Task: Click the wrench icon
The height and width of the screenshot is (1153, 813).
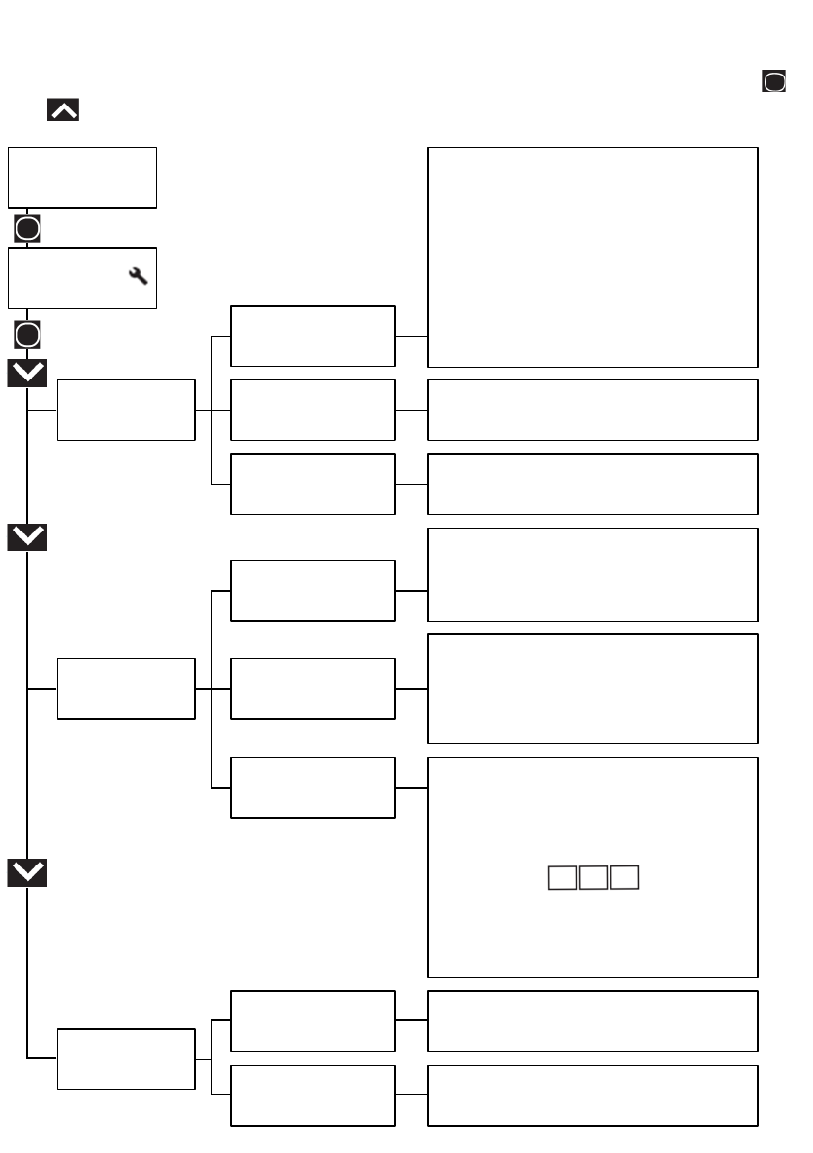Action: [138, 276]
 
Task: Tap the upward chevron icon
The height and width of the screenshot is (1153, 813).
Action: [63, 110]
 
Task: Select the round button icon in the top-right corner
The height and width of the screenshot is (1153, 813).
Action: [773, 82]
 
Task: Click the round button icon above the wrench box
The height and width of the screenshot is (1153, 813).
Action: [27, 229]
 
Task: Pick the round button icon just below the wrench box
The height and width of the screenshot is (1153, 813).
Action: [27, 335]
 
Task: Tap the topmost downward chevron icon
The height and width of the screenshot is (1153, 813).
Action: [27, 373]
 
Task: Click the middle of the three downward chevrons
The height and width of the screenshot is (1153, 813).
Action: [27, 537]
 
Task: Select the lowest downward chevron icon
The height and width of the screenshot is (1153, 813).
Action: [27, 873]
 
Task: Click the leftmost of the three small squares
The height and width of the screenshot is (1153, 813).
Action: [561, 878]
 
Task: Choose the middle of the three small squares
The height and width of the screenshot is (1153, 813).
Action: [593, 878]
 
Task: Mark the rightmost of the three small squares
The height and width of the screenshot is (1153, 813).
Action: [625, 878]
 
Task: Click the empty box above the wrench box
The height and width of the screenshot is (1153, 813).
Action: [82, 177]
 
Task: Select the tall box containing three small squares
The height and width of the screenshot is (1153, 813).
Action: [592, 866]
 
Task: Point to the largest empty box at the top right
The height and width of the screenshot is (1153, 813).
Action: [592, 258]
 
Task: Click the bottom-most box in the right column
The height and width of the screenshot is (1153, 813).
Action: [592, 1096]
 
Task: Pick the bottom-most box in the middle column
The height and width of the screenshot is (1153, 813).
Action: [312, 1096]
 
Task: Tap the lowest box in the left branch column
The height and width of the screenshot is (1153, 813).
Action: [126, 1059]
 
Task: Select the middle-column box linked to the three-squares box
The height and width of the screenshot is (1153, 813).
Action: [312, 787]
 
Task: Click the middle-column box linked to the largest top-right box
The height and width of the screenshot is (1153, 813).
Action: [312, 336]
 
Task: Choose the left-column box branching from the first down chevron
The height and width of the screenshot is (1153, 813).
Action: [126, 410]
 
